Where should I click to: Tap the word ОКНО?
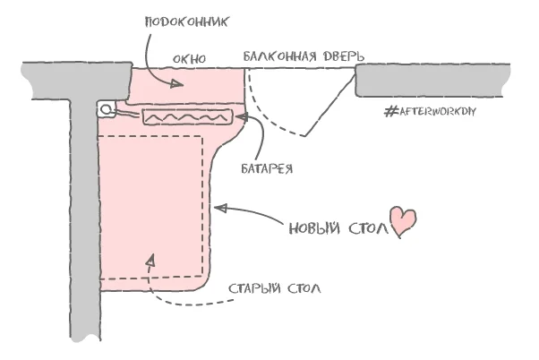(189, 59)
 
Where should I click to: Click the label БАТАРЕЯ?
(268, 167)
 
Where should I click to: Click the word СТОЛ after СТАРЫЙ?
(304, 288)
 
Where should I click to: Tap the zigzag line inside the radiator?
(186, 117)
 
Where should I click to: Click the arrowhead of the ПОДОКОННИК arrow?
(182, 85)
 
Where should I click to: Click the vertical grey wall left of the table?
(81, 224)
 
